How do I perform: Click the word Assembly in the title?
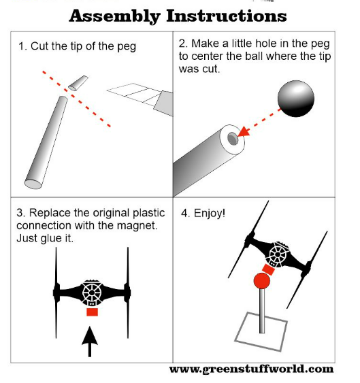(114, 16)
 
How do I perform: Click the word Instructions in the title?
(227, 16)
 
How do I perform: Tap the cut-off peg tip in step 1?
(78, 83)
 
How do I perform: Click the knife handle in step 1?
(164, 103)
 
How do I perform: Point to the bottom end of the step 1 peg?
(33, 184)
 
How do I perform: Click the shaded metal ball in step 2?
(296, 99)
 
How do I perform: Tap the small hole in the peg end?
(233, 139)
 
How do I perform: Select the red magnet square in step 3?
(92, 312)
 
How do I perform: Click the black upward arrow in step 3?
(90, 342)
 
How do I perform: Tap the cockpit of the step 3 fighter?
(92, 293)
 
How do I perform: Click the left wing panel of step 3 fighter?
(56, 293)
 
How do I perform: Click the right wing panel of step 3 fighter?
(128, 293)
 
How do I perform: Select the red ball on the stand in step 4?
(262, 281)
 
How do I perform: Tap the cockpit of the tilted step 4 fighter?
(277, 254)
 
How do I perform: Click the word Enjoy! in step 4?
(210, 214)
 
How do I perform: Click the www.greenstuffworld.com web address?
(252, 369)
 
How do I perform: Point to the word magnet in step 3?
(137, 225)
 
